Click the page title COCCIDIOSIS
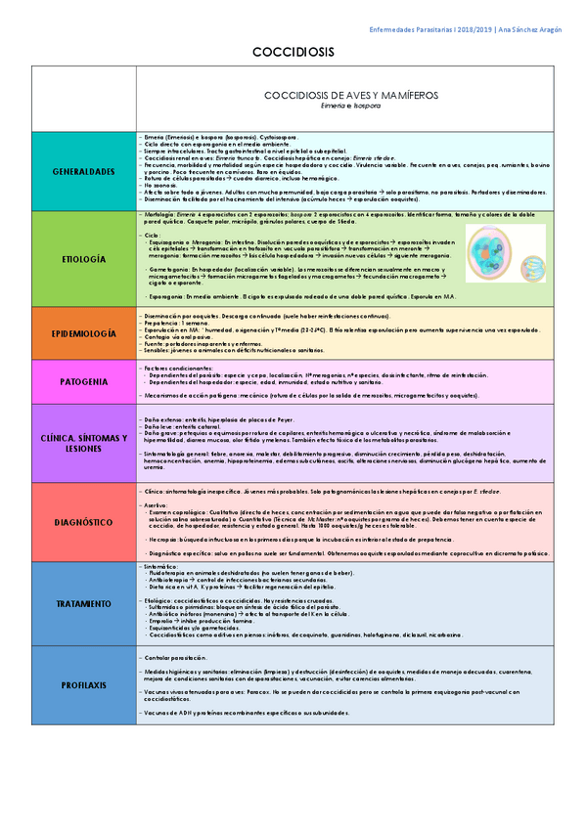click(x=293, y=51)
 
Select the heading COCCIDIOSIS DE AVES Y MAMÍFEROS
click(x=350, y=95)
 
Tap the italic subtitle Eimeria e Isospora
click(x=350, y=105)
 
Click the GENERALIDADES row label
click(x=84, y=171)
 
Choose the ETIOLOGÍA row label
click(x=84, y=261)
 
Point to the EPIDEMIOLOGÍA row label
click(x=84, y=333)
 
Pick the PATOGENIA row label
click(x=84, y=381)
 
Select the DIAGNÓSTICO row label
click(x=84, y=523)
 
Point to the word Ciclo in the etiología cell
click(x=152, y=236)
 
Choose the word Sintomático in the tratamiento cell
click(x=160, y=566)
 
